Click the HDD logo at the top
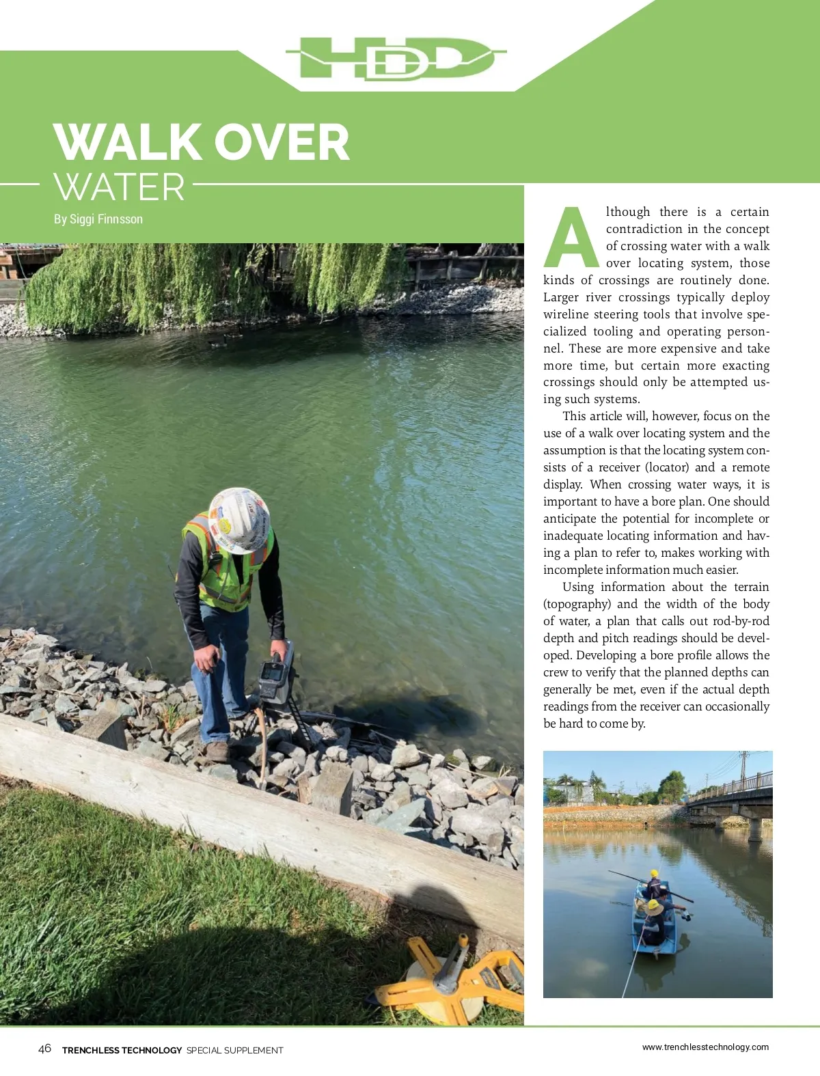coord(396,59)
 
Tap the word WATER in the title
coord(120,187)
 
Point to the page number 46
coord(44,1049)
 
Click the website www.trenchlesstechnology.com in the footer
coord(705,1047)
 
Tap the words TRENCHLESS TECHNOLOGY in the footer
coord(122,1050)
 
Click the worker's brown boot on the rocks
coord(217,751)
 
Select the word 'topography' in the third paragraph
coord(577,604)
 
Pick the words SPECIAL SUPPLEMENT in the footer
coord(234,1050)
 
